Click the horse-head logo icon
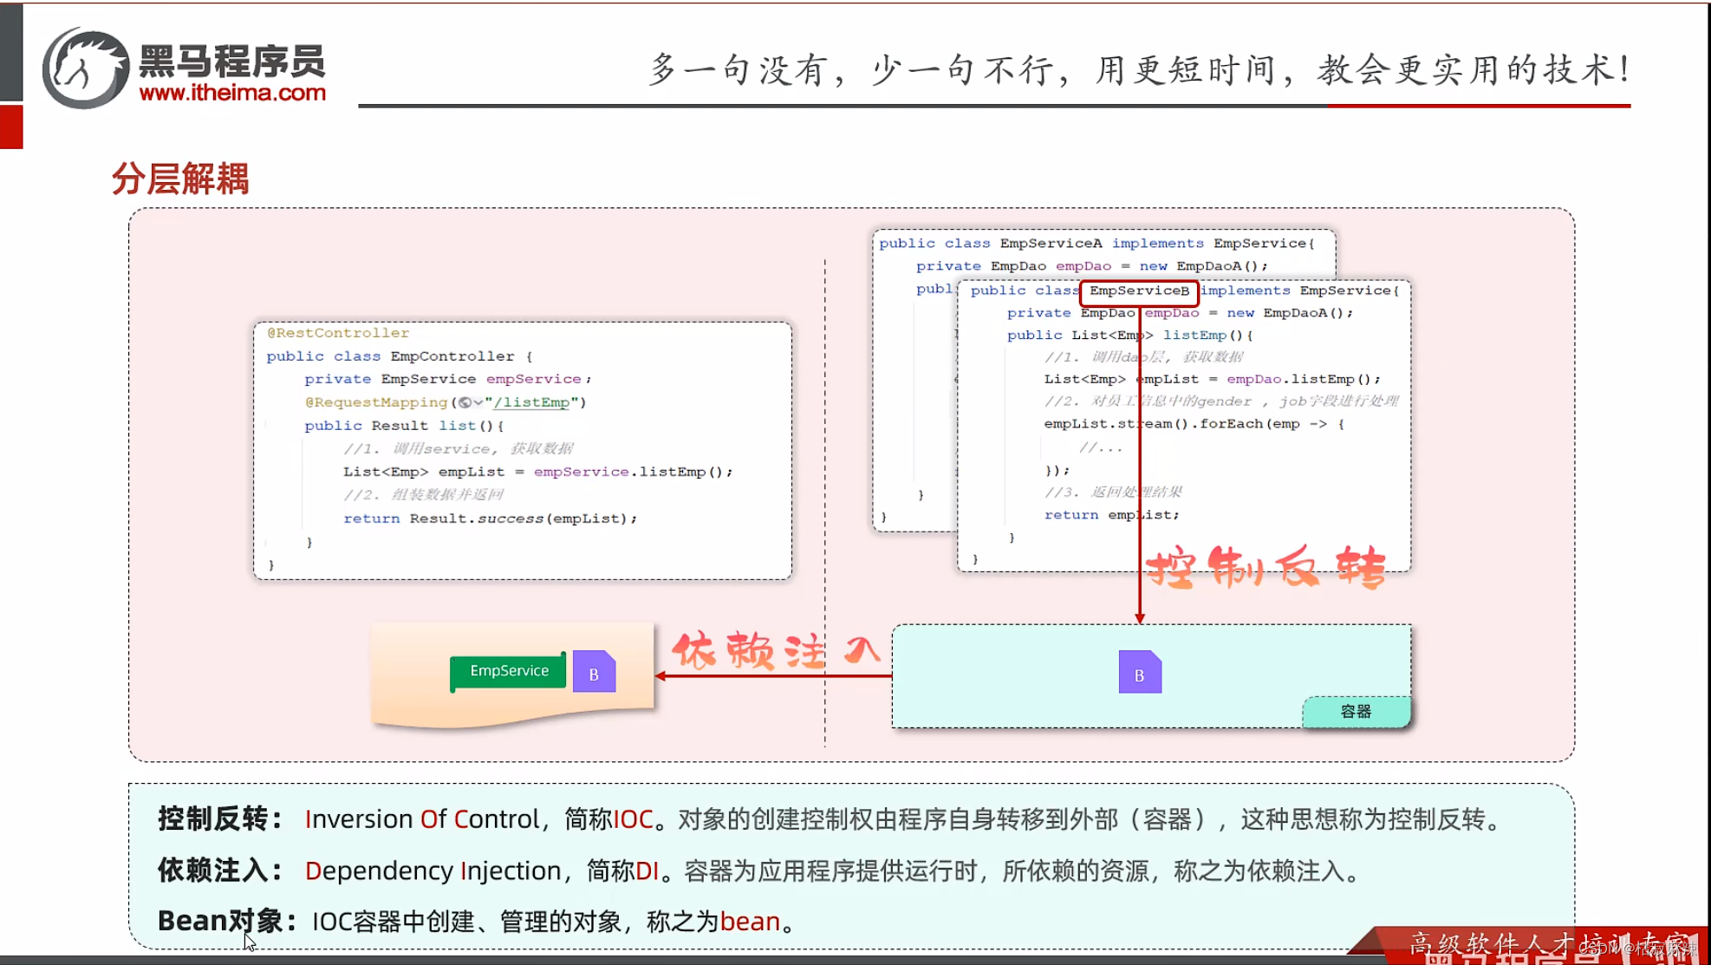coord(85,68)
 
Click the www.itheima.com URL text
coord(232,93)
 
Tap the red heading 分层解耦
coord(180,179)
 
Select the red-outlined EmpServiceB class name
coord(1139,291)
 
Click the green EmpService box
coord(509,671)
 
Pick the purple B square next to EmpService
coord(594,674)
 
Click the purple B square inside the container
coord(1139,674)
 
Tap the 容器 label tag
coord(1356,712)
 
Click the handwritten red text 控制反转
coord(1265,568)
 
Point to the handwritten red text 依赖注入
coord(776,650)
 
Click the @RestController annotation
coord(338,333)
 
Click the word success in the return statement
coord(511,518)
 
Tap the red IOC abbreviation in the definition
coord(633,819)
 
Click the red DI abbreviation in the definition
coord(647,870)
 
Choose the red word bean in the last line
coord(750,922)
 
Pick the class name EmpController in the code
coord(452,356)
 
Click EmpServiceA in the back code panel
coord(1051,244)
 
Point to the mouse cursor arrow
coord(249,942)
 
